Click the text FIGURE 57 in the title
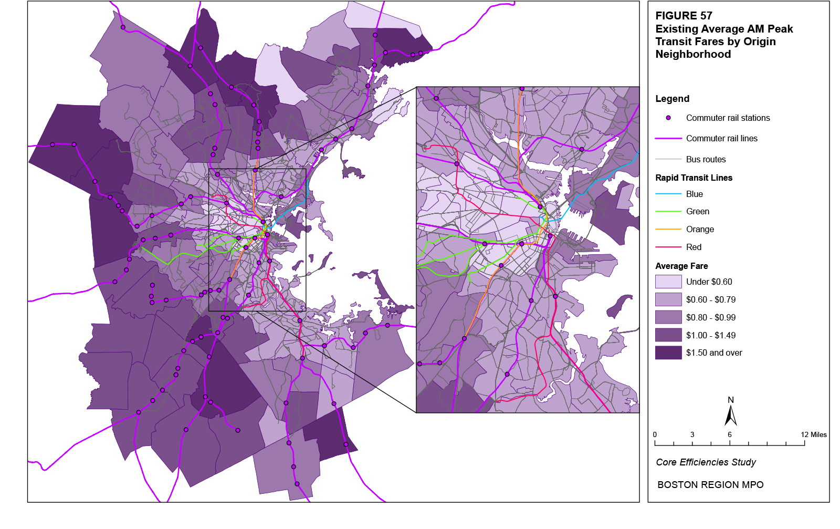point(684,16)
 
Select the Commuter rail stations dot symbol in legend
point(668,118)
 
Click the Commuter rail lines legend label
point(721,139)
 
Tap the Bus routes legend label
point(706,159)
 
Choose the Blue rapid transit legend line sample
point(668,194)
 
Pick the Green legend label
point(697,212)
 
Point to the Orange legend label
point(700,230)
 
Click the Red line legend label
point(694,247)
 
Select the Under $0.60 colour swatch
point(668,282)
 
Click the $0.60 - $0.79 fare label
point(710,300)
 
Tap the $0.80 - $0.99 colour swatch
point(668,317)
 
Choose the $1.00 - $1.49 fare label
point(710,336)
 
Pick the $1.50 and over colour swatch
point(668,352)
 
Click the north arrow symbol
point(730,415)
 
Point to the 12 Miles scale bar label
point(813,434)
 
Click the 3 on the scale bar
point(692,434)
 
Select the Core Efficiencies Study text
point(706,462)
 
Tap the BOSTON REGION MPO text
point(710,485)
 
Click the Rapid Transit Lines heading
point(694,178)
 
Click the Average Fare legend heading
point(681,266)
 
